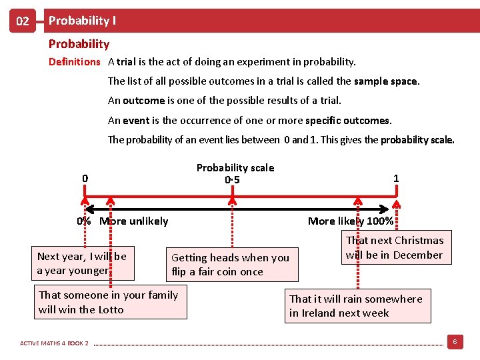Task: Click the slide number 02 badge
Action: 23,21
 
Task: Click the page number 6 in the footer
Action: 454,342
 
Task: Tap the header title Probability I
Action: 82,21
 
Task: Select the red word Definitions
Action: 74,62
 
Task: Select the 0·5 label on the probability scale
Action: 232,180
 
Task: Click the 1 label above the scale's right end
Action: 396,178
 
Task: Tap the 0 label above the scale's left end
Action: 85,178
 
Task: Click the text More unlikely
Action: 134,221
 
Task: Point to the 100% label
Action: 380,221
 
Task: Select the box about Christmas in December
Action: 393,247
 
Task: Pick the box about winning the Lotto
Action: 109,302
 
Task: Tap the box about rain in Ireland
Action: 355,306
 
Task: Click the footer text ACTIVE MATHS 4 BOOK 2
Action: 54,343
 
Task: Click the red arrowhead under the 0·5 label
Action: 232,197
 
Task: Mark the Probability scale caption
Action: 235,168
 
